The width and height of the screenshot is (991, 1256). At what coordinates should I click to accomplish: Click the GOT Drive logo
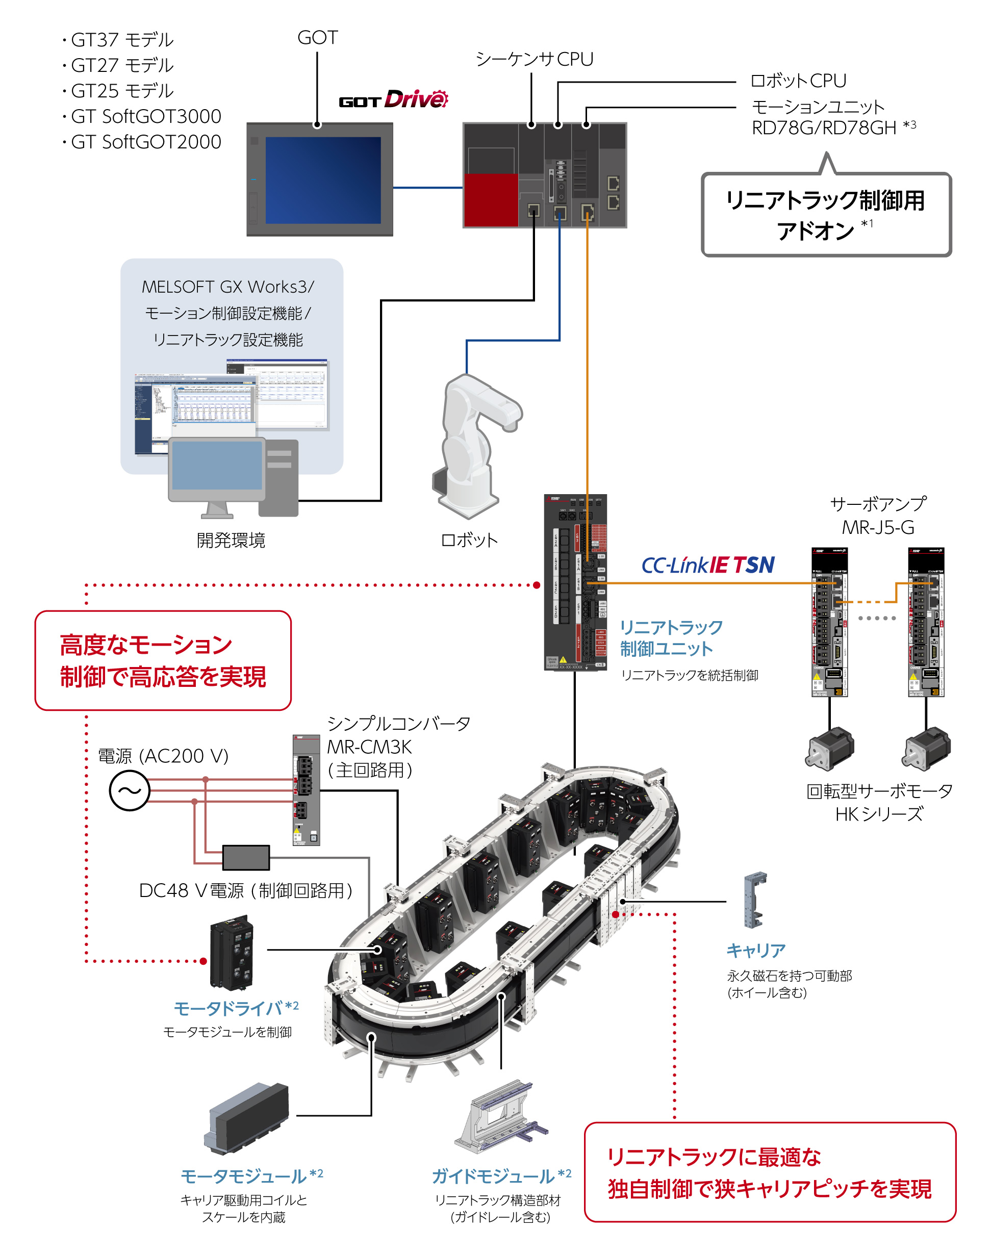(x=393, y=100)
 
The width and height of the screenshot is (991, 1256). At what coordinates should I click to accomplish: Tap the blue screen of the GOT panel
(x=322, y=180)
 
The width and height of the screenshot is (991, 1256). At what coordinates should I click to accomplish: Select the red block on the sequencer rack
(x=490, y=199)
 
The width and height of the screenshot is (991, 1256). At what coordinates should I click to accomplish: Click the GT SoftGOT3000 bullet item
(x=145, y=117)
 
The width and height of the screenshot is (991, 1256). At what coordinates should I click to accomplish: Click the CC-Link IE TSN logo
(x=707, y=565)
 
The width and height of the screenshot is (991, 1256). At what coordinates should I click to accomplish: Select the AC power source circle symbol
(x=130, y=790)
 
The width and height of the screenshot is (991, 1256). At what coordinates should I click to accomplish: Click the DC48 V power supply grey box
(x=245, y=857)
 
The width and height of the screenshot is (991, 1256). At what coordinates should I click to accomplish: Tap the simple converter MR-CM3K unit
(x=306, y=789)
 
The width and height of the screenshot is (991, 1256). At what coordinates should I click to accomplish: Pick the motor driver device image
(x=232, y=952)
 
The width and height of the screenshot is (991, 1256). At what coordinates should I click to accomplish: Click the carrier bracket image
(x=755, y=900)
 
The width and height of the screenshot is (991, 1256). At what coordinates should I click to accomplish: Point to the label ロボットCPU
(x=798, y=81)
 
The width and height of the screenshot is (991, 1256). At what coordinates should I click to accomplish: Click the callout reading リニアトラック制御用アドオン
(x=826, y=215)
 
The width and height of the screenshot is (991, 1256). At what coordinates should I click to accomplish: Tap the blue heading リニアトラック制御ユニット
(x=671, y=637)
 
